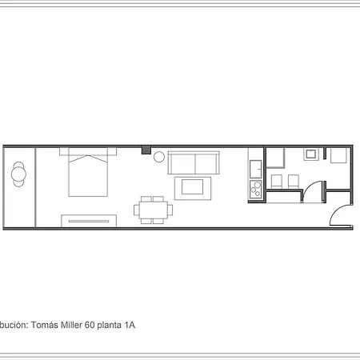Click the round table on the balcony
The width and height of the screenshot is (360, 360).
click(x=18, y=174)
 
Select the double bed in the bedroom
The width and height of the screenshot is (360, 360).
click(x=88, y=173)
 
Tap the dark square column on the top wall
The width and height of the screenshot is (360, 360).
click(x=146, y=149)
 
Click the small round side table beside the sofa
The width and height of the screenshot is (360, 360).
click(x=158, y=156)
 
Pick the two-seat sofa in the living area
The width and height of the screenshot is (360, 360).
click(x=194, y=163)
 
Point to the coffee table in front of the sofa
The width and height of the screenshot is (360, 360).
click(x=194, y=188)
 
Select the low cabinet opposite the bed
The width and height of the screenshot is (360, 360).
click(x=89, y=219)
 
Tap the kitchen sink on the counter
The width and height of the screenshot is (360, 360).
click(x=256, y=169)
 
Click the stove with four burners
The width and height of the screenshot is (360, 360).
click(x=256, y=190)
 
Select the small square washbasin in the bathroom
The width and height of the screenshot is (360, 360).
click(x=310, y=154)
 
